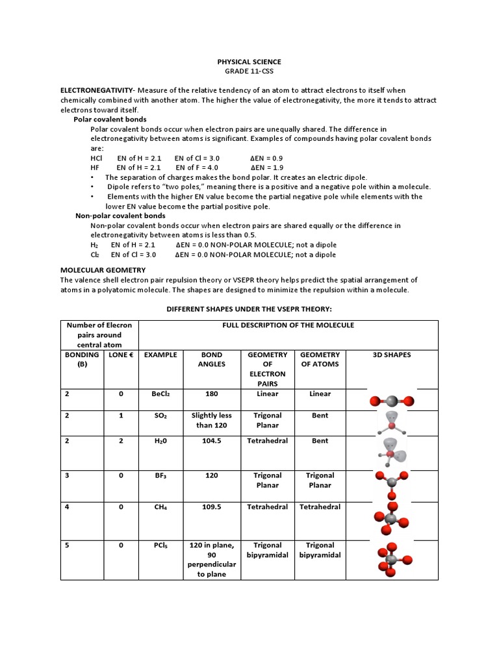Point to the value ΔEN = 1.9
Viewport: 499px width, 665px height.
click(x=266, y=168)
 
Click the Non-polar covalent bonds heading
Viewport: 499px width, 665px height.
click(x=120, y=216)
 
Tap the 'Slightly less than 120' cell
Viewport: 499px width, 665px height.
click(x=211, y=420)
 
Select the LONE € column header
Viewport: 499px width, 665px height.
click(x=121, y=355)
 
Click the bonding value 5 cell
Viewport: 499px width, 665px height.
click(x=66, y=546)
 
